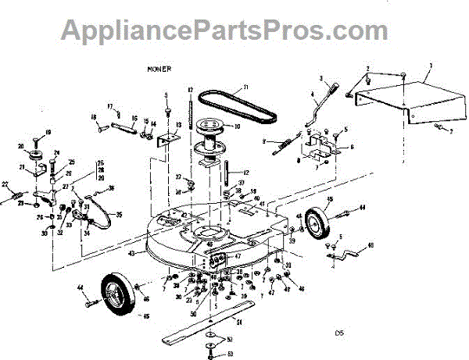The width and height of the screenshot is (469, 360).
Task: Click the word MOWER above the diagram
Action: point(158,69)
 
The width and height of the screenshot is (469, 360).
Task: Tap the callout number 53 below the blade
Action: point(229,354)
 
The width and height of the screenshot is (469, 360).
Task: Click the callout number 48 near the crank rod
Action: point(371,244)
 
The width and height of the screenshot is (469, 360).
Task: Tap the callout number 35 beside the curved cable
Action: point(119,214)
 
